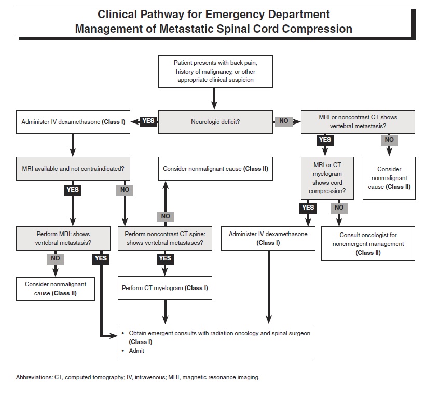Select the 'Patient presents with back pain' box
[214, 72]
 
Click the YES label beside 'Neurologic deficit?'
[148, 121]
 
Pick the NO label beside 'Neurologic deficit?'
[283, 121]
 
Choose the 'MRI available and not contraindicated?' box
[73, 169]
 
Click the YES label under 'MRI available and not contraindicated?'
[73, 190]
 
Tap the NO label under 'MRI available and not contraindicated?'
[125, 190]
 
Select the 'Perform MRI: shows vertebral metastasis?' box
[63, 239]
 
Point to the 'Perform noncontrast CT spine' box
[165, 239]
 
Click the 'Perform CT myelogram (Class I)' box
[165, 288]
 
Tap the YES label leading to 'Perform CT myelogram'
[165, 258]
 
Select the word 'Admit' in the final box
[136, 351]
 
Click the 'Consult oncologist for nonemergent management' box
[368, 243]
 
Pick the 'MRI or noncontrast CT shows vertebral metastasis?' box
[358, 122]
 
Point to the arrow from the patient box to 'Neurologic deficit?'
[214, 97]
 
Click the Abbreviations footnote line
[138, 377]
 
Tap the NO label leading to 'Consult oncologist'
[339, 208]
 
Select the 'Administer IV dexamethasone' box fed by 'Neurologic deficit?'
[73, 122]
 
